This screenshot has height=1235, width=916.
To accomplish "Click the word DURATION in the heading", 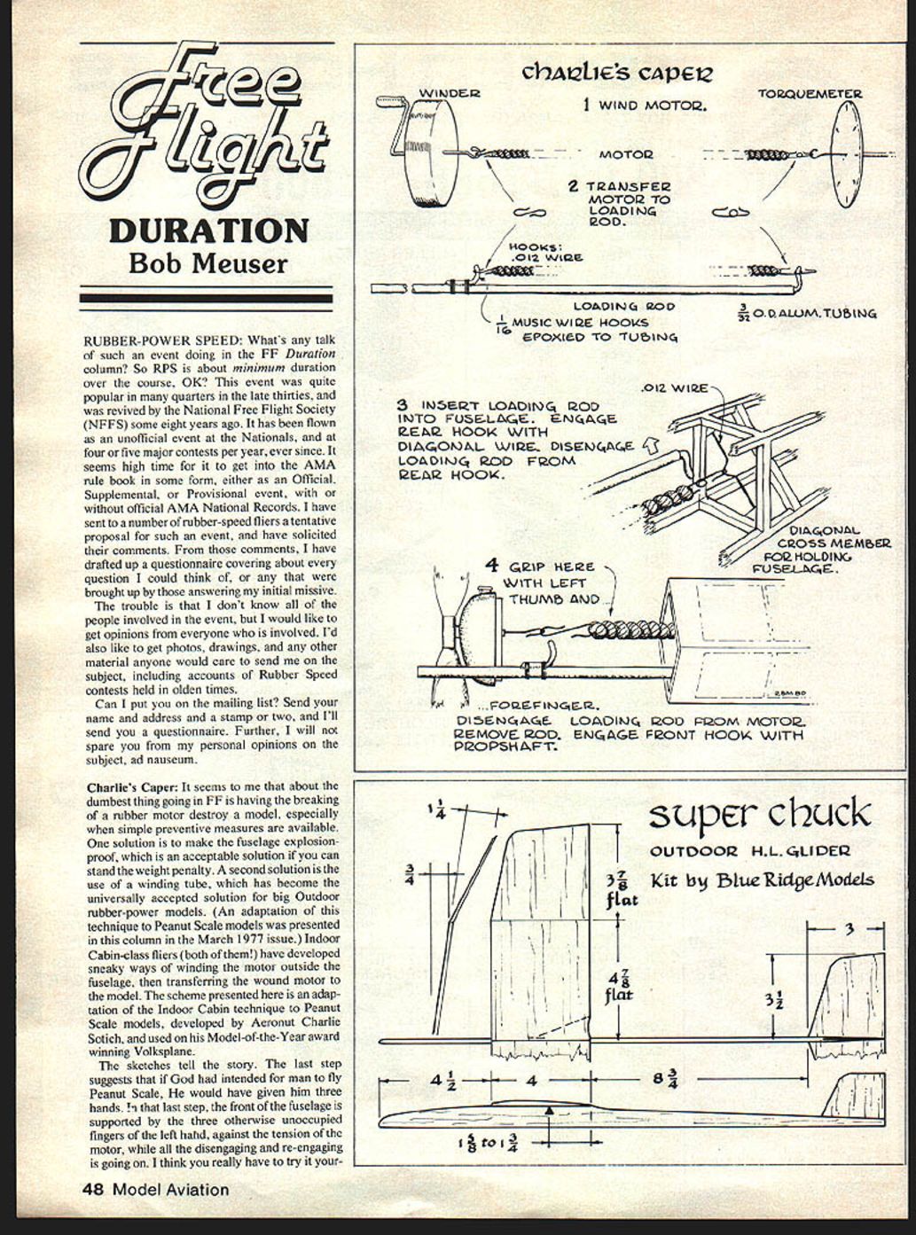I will pos(208,231).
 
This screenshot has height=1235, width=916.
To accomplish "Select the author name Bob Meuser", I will pos(208,263).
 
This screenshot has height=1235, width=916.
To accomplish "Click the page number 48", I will pos(94,1190).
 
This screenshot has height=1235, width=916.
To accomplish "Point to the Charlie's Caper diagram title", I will pos(616,72).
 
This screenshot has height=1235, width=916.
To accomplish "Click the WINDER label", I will pos(449,93).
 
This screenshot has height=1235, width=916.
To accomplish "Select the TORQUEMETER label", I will pos(809,93).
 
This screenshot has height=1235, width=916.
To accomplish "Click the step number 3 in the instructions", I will pos(402,404).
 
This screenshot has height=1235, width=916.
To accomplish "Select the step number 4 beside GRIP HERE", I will pos(491,565).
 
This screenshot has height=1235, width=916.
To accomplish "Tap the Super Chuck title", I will pos(760,813).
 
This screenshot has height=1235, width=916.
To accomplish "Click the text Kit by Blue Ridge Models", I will pos(762,879).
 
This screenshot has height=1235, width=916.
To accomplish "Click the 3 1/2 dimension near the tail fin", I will pos(774,999).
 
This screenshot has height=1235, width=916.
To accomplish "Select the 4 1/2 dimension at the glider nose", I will pos(442,1081).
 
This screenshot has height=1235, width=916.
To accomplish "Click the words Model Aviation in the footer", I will pos(170,1190).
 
